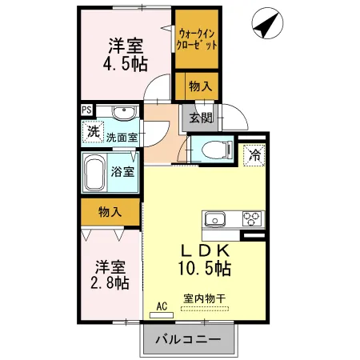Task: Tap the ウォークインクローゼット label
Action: [x=197, y=39]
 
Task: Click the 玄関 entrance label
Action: [x=200, y=118]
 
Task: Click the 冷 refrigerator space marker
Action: [x=254, y=154]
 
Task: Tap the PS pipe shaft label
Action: [x=86, y=111]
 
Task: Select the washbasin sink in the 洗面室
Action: [x=123, y=113]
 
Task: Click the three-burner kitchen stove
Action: [x=250, y=218]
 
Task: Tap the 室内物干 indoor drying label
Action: [x=205, y=298]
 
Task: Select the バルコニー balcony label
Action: [x=190, y=338]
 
